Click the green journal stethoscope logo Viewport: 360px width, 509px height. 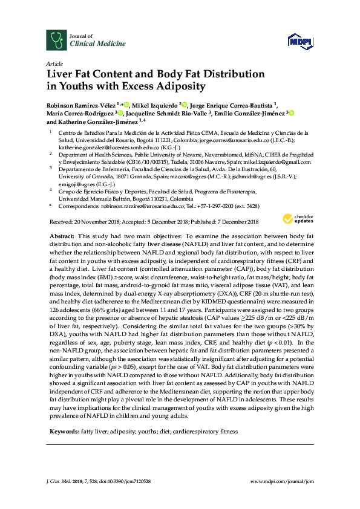point(57,40)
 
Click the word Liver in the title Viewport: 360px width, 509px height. point(61,74)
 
